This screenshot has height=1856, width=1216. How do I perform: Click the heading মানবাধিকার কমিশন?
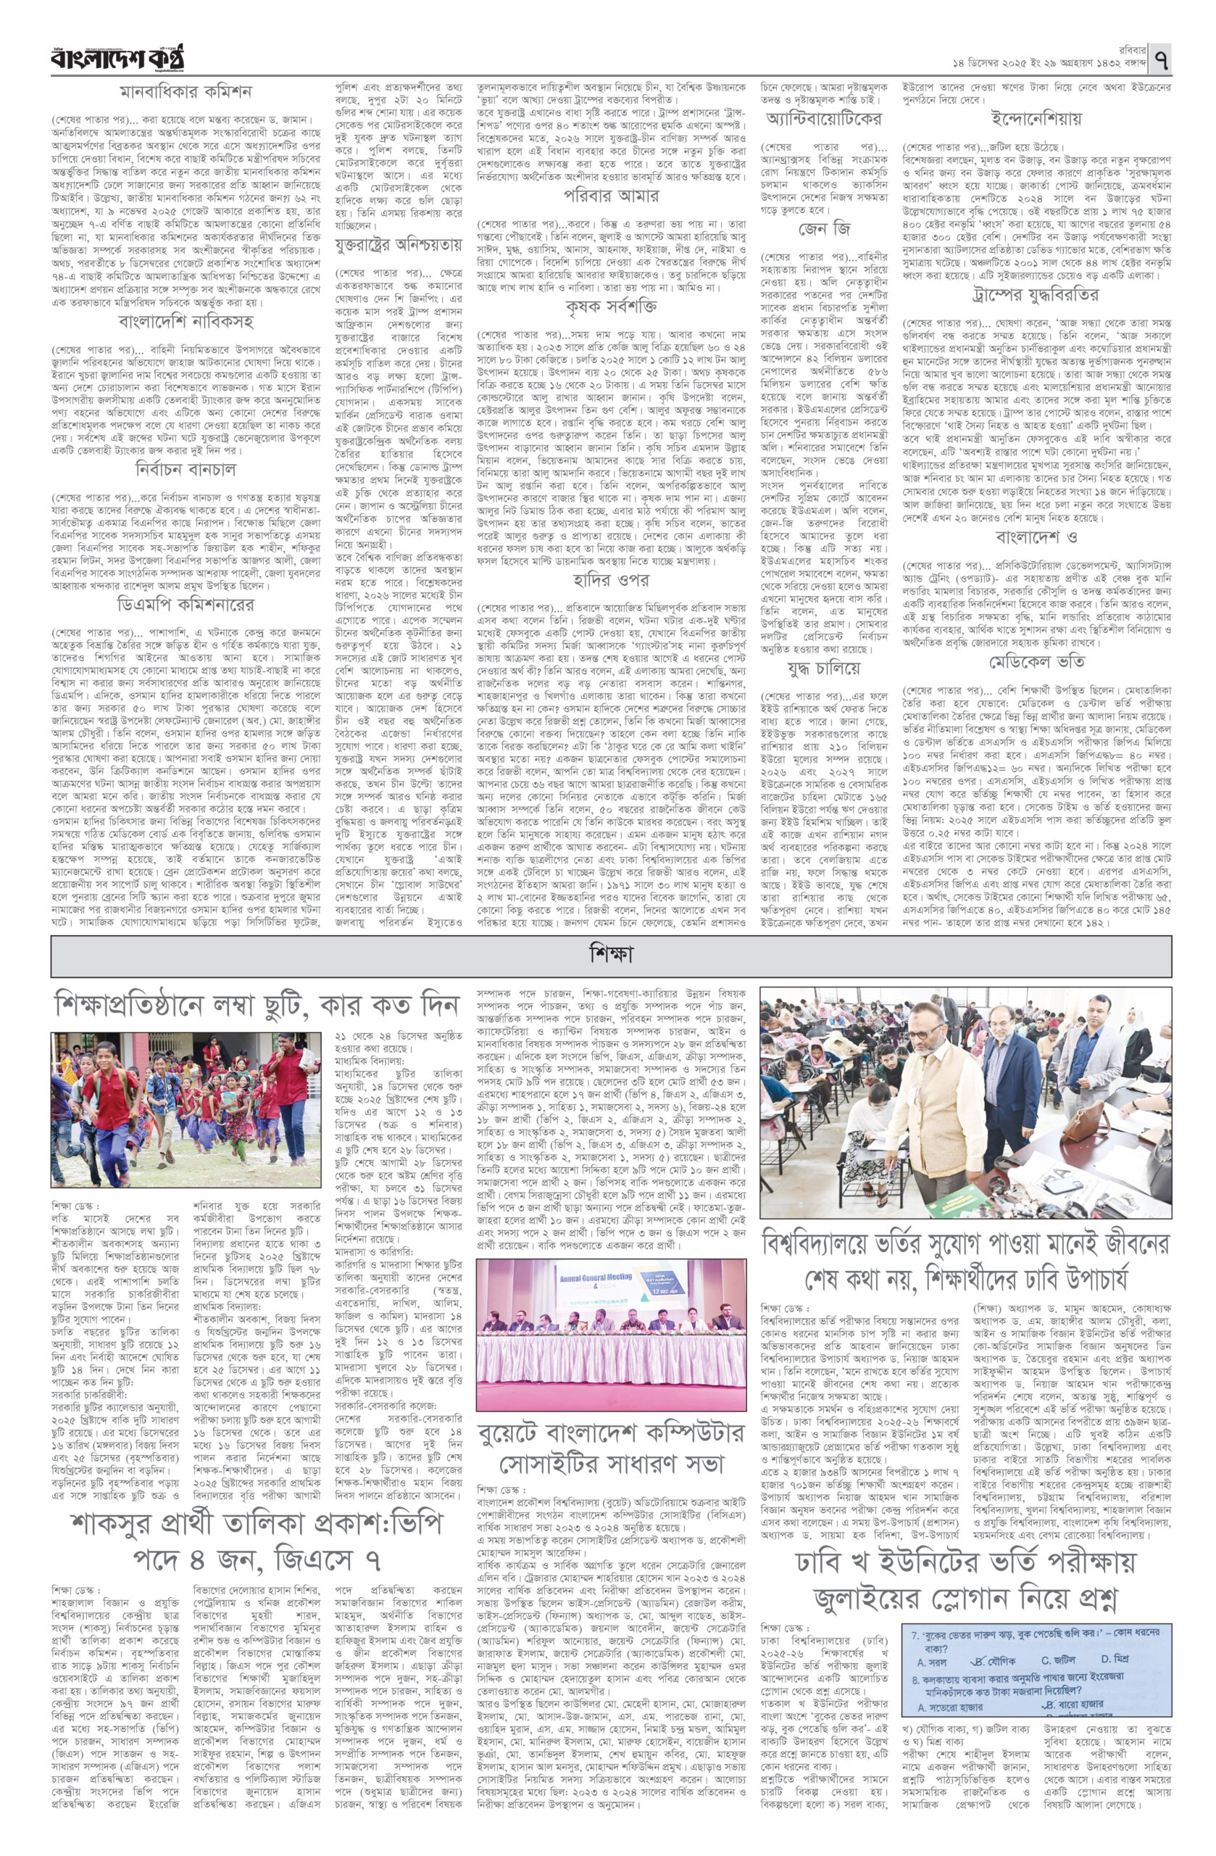(186, 91)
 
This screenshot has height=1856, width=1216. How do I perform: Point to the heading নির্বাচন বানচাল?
(186, 468)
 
